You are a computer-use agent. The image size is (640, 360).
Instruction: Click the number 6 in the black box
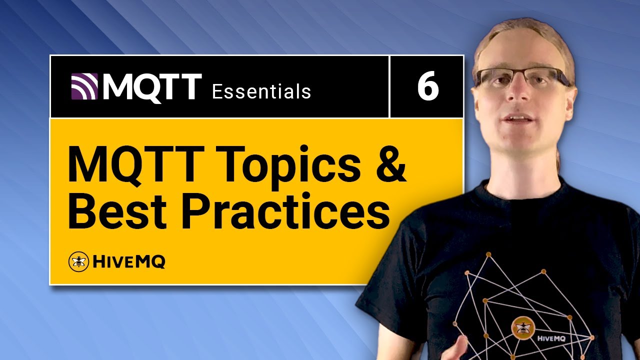pyautogui.click(x=427, y=87)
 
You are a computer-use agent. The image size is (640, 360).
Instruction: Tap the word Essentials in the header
pyautogui.click(x=261, y=91)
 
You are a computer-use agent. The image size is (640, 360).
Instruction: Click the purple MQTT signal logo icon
pyautogui.click(x=84, y=86)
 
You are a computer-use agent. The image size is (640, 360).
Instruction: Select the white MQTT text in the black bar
pyautogui.click(x=152, y=87)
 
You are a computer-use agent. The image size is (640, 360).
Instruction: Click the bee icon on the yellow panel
pyautogui.click(x=78, y=261)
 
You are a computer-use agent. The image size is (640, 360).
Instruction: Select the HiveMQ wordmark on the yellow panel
pyautogui.click(x=128, y=261)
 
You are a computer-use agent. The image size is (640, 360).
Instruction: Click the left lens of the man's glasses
pyautogui.click(x=494, y=77)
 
